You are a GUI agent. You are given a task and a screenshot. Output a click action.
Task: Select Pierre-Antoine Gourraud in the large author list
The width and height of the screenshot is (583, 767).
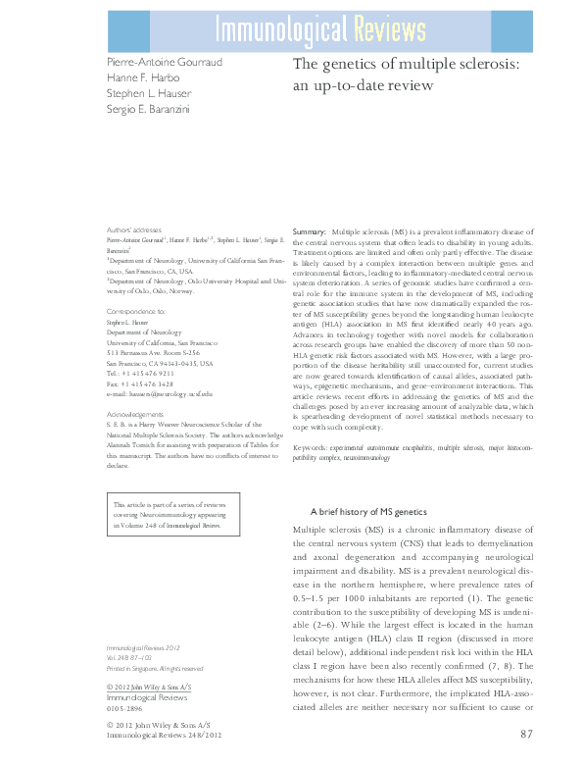pyautogui.click(x=166, y=63)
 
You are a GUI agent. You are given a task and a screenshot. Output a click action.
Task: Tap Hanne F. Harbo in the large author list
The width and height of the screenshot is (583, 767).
pyautogui.click(x=145, y=77)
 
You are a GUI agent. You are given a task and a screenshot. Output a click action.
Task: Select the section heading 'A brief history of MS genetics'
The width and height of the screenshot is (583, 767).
pyautogui.click(x=369, y=512)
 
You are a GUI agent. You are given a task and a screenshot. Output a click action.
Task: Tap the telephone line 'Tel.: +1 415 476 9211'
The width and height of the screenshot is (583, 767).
pyautogui.click(x=141, y=373)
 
